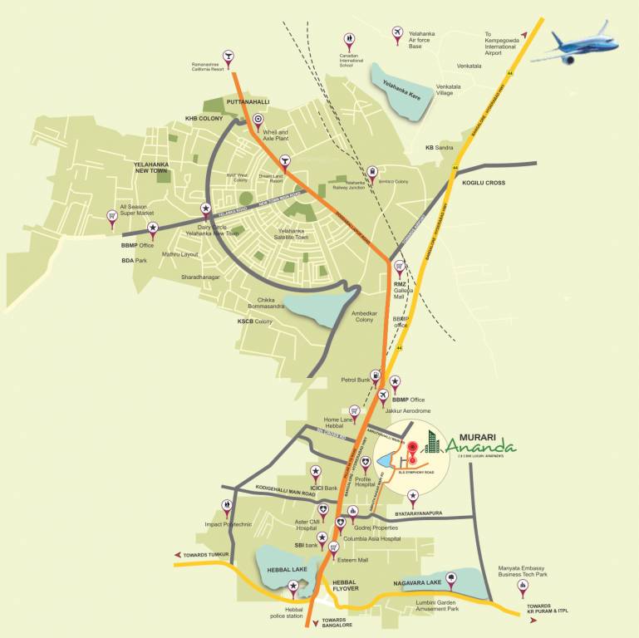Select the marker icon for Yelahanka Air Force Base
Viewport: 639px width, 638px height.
396,32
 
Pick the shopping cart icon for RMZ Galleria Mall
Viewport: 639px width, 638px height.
400,267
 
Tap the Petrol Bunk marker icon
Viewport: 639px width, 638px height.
376,376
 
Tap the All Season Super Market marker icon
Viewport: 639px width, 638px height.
111,216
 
